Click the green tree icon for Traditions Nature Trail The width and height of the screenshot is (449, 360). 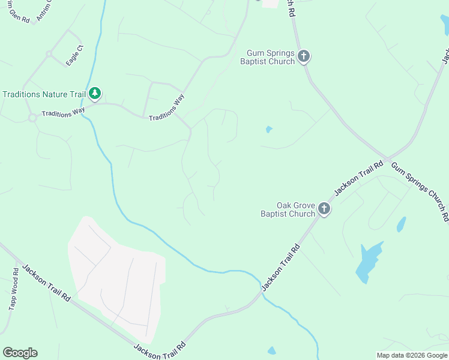click(94, 93)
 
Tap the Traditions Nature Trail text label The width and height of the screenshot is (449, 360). click(43, 94)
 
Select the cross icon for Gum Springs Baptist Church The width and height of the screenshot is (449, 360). click(304, 57)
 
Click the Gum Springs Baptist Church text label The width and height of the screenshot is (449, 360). click(267, 57)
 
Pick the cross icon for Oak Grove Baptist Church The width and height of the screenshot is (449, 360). click(324, 209)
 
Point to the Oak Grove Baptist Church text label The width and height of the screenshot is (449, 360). click(288, 209)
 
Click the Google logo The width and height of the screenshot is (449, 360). click(20, 353)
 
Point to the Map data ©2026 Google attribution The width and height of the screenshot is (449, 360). click(412, 355)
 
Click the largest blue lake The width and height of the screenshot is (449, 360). click(367, 261)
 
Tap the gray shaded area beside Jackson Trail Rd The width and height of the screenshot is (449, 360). click(117, 276)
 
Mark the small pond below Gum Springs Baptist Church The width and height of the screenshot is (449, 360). click(269, 129)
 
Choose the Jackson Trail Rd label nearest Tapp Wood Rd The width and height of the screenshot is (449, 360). click(47, 283)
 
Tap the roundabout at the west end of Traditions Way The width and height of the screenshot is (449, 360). click(32, 118)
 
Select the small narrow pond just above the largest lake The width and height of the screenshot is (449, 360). click(401, 224)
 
